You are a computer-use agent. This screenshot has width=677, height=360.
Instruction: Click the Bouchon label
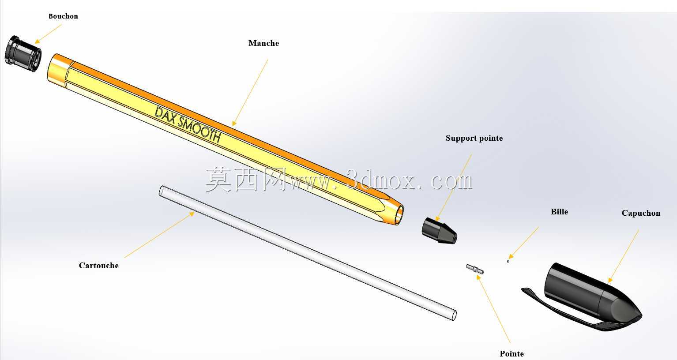pyautogui.click(x=63, y=16)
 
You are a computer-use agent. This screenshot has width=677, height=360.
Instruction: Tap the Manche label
pyautogui.click(x=263, y=43)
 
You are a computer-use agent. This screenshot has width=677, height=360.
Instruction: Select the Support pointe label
pyautogui.click(x=474, y=139)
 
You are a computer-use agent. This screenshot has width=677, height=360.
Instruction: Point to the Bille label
pyautogui.click(x=559, y=212)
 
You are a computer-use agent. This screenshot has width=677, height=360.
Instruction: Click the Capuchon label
pyautogui.click(x=641, y=213)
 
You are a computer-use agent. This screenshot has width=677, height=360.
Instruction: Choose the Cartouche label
pyautogui.click(x=98, y=266)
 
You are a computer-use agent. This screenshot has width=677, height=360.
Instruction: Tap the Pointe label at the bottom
pyautogui.click(x=512, y=354)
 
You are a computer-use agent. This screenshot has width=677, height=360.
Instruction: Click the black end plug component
pyautogui.click(x=23, y=54)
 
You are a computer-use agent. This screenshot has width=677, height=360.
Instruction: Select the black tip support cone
pyautogui.click(x=439, y=230)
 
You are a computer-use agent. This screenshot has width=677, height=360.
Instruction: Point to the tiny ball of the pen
pyautogui.click(x=508, y=261)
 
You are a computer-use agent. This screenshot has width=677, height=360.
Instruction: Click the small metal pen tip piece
pyautogui.click(x=475, y=269)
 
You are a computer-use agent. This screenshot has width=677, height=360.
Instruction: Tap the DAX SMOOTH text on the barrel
pyautogui.click(x=188, y=124)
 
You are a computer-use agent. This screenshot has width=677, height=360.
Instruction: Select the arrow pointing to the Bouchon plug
pyautogui.click(x=48, y=34)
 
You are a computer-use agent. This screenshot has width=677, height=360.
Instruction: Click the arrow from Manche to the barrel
pyautogui.click(x=250, y=92)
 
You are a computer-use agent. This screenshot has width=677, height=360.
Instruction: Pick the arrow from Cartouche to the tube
pyautogui.click(x=159, y=235)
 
